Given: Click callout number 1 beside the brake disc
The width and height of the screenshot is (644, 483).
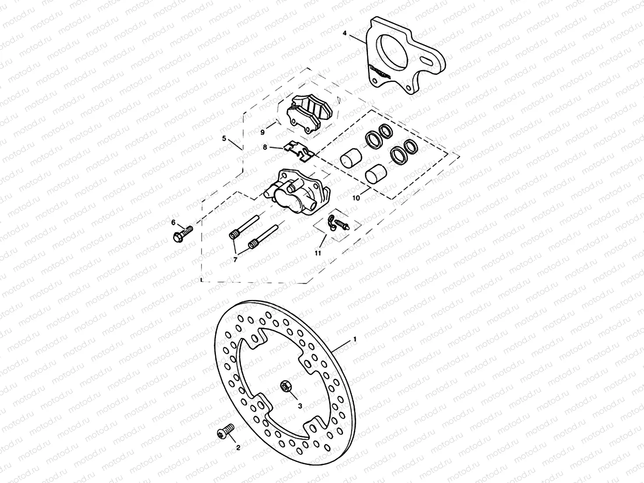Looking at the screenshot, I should (355, 339).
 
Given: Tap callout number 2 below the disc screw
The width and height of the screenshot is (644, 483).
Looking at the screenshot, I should (238, 448).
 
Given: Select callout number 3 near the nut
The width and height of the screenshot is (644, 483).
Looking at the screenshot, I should (300, 406).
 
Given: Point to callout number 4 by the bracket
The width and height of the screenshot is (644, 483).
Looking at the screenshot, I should (345, 33).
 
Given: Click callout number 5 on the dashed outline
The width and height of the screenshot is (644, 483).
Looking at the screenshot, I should (224, 138).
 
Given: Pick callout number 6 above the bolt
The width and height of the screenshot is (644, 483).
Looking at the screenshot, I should (173, 222).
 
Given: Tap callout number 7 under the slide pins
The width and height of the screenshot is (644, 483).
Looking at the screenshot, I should (235, 260).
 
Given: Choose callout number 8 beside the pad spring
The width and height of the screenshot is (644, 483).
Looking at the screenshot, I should (265, 148).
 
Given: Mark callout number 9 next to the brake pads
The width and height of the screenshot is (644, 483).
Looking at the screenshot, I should (262, 131).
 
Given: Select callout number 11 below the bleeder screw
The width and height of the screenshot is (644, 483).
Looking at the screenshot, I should (318, 253).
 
